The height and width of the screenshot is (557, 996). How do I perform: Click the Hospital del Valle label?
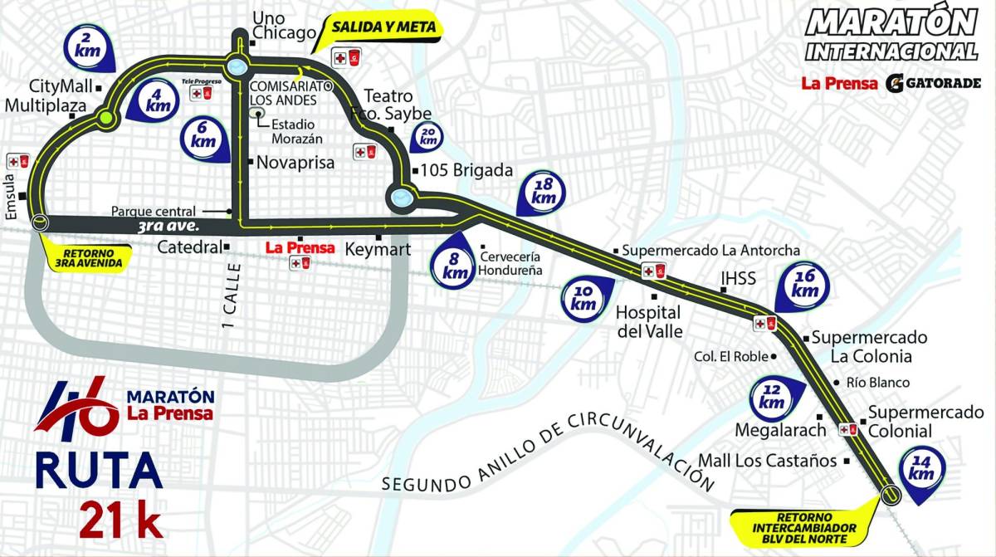click(x=648, y=322)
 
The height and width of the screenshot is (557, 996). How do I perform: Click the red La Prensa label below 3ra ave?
click(x=299, y=247)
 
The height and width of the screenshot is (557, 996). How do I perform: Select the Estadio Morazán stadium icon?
click(x=260, y=115)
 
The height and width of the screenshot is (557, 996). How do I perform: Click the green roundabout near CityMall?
click(x=105, y=120)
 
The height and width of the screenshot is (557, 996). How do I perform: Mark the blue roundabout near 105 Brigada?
click(x=400, y=198)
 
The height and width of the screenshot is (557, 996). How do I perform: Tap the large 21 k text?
click(x=121, y=519)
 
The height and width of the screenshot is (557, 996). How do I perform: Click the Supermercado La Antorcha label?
click(x=710, y=250)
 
